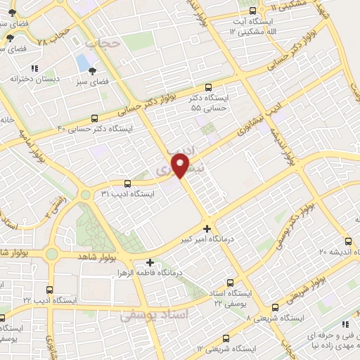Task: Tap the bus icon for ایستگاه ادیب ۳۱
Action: click(127, 182)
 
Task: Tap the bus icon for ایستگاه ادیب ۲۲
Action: click(49, 289)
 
